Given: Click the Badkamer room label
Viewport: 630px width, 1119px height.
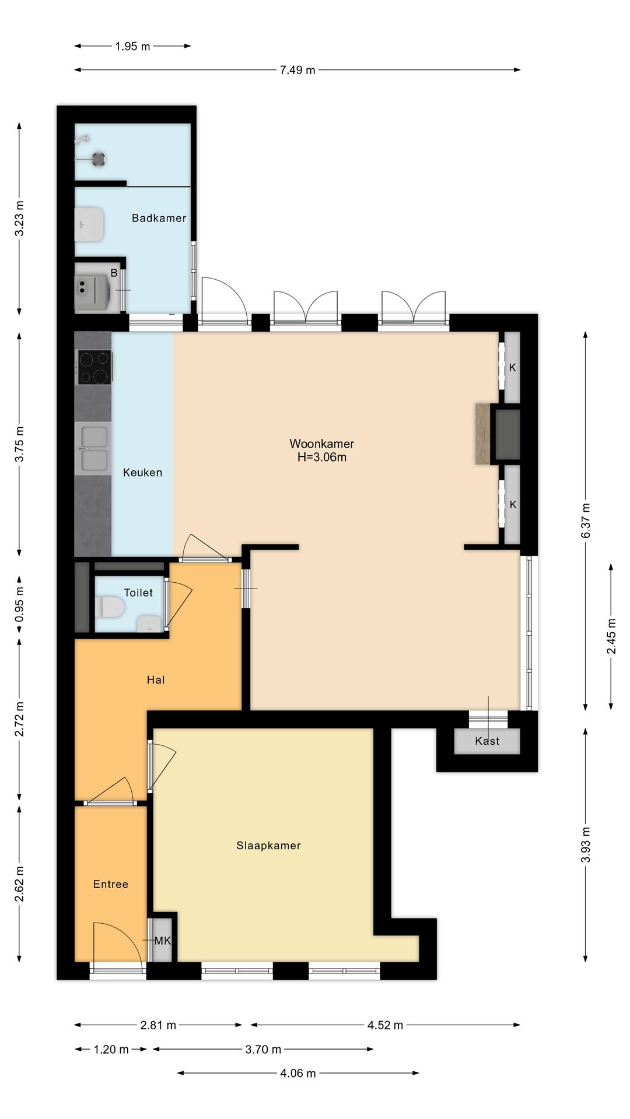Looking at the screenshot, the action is point(159,218).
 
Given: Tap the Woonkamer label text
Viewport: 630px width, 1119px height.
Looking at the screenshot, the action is point(322,444).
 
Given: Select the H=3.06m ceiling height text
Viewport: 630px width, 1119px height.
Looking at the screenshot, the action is point(322,458).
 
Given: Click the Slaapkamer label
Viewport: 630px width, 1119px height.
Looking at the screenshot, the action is point(268,846).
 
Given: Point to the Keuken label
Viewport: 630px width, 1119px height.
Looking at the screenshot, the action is point(142,473).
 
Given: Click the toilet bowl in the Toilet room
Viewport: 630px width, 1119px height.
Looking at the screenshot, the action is point(110,606).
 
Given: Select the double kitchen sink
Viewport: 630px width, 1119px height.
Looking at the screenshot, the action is point(94,448).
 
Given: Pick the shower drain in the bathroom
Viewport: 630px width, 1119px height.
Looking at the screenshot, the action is point(99,159).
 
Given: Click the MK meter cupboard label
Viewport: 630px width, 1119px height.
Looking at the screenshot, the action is point(163,941).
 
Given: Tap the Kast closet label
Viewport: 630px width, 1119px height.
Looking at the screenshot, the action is point(487,741).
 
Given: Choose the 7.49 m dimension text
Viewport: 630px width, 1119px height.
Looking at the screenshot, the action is point(297,71).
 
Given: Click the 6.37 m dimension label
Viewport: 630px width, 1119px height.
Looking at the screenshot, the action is point(586,520).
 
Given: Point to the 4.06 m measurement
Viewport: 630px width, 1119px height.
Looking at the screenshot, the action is point(298,1074).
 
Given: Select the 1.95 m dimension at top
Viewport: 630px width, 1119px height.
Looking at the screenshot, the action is point(132,47).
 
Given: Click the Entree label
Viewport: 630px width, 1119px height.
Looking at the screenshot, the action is point(111,884).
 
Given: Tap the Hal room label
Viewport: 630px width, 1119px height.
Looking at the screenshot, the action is point(156,680).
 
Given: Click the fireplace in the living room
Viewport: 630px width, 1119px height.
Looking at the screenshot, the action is point(498,434).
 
